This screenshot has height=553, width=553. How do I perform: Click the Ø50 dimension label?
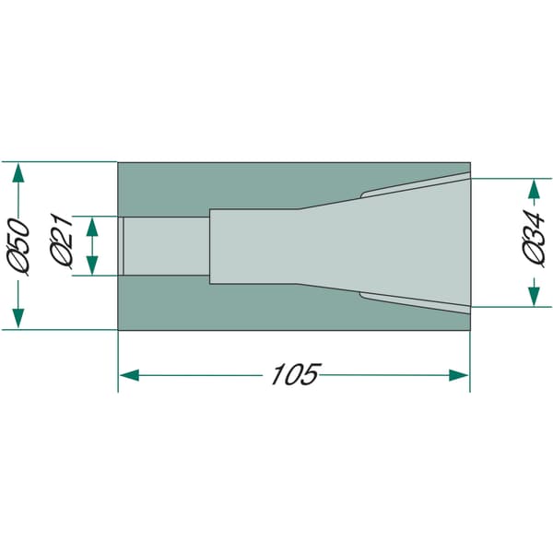(18, 246)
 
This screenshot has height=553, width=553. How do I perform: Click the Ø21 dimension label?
(62, 241)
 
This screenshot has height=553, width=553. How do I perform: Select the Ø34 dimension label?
(534, 239)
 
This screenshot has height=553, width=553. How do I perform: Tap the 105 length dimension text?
(296, 373)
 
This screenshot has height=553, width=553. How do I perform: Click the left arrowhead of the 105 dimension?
(129, 375)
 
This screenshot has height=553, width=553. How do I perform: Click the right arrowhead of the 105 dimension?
(459, 375)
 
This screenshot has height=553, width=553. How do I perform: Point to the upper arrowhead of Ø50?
(18, 172)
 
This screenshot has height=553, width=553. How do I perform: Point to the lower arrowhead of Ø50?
(18, 318)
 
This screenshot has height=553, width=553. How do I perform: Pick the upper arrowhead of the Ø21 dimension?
(92, 227)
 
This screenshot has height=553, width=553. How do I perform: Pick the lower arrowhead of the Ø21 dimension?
(92, 265)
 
